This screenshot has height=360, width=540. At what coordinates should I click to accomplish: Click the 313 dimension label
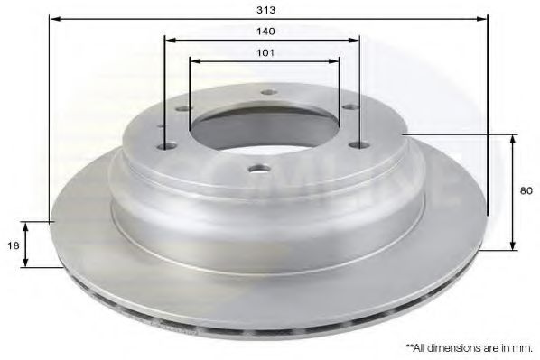point(266,10)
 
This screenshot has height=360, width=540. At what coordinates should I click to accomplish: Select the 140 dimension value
point(265,32)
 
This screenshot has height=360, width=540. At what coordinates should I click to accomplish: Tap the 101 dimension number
point(265,52)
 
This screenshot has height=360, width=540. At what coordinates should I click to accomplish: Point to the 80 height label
point(526,190)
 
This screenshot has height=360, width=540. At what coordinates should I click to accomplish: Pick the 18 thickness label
point(14,245)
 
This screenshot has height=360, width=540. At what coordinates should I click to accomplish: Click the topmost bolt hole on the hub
point(269,92)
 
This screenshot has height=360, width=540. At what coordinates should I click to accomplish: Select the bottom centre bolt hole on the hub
point(259,169)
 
